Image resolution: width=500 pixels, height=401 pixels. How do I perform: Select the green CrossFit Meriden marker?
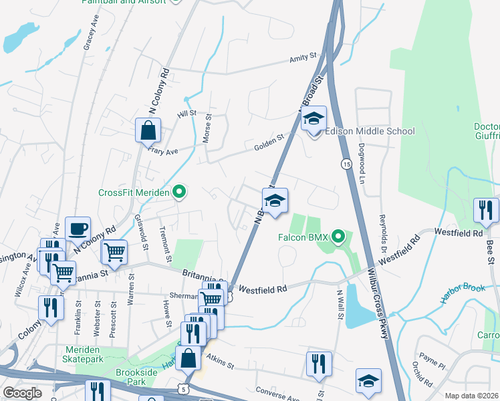coord(178,192)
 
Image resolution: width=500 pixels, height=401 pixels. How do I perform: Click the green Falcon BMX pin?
coord(338,237)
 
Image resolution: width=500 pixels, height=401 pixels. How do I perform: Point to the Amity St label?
coord(303,59)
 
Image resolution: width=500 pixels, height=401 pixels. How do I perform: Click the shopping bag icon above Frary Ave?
coord(148,130)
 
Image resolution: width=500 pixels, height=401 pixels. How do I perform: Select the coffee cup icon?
coord(78,229)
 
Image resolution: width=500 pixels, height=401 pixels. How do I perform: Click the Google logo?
coord(22,393)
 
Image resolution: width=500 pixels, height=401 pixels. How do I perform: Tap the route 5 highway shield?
coord(185,388)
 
